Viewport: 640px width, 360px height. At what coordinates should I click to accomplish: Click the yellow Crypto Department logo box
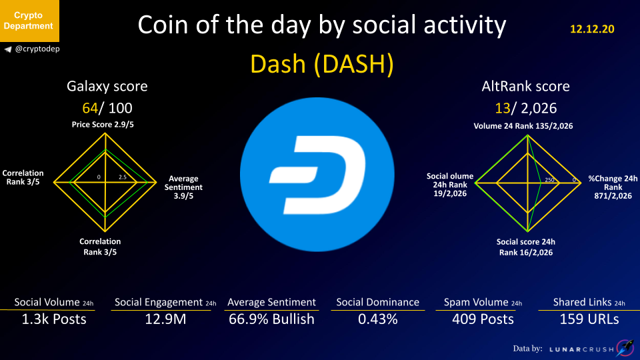click(x=29, y=21)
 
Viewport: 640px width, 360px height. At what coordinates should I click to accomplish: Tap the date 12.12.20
click(x=592, y=29)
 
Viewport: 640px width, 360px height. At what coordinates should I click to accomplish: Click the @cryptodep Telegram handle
click(x=32, y=49)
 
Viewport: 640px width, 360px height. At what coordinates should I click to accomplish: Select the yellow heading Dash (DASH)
click(x=321, y=64)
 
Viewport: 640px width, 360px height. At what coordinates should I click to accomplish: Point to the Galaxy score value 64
click(x=90, y=108)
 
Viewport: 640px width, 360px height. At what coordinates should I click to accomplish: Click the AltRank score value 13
click(x=503, y=108)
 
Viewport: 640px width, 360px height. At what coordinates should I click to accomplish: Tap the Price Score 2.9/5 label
click(x=103, y=125)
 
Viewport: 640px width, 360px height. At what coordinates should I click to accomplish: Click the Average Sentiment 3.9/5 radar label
click(x=183, y=187)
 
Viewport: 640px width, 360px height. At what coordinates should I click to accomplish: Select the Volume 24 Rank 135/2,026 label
click(x=523, y=126)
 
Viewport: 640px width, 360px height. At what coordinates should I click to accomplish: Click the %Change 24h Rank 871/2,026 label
click(x=613, y=187)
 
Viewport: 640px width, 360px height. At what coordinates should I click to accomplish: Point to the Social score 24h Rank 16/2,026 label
click(x=526, y=247)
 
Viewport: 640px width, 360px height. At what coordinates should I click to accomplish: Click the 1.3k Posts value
click(x=54, y=319)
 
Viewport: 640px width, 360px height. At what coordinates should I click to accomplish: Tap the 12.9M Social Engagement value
click(x=165, y=319)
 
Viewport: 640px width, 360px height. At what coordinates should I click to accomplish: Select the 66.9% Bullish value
click(x=271, y=319)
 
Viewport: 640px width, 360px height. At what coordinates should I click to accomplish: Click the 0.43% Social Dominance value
click(x=377, y=319)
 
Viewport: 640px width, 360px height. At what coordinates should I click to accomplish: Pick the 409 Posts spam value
click(x=483, y=319)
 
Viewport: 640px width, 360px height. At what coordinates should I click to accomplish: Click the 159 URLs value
click(x=589, y=319)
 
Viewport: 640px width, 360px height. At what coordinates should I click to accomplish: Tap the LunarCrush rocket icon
click(x=625, y=348)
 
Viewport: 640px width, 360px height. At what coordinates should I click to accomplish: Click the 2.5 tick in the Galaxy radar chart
click(x=123, y=177)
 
